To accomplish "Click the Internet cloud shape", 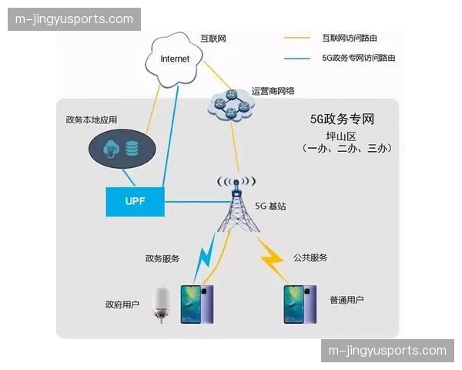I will [x=175, y=58].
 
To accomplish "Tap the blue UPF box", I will [x=135, y=201].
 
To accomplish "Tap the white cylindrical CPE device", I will [x=161, y=304].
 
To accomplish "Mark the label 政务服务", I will [x=162, y=258].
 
